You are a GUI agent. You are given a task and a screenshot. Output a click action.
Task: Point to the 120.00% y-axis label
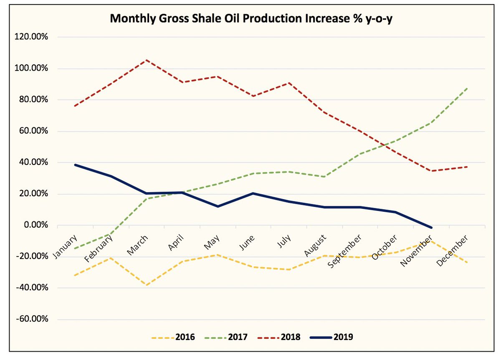tap(32, 37)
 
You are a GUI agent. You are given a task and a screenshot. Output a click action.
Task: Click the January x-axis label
tap(66, 247)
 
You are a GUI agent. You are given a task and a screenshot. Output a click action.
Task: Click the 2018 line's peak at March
tap(147, 60)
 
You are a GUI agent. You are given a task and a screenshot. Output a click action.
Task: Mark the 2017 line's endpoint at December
tap(467, 89)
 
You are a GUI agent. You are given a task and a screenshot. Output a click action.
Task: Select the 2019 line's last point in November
tap(431, 228)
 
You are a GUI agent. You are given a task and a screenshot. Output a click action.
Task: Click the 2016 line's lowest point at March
tap(147, 285)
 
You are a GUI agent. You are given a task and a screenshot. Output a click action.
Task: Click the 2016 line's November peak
tap(431, 239)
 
